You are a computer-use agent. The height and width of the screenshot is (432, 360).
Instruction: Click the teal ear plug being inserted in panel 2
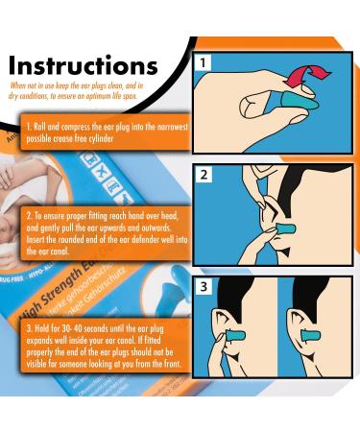(x=284, y=231)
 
